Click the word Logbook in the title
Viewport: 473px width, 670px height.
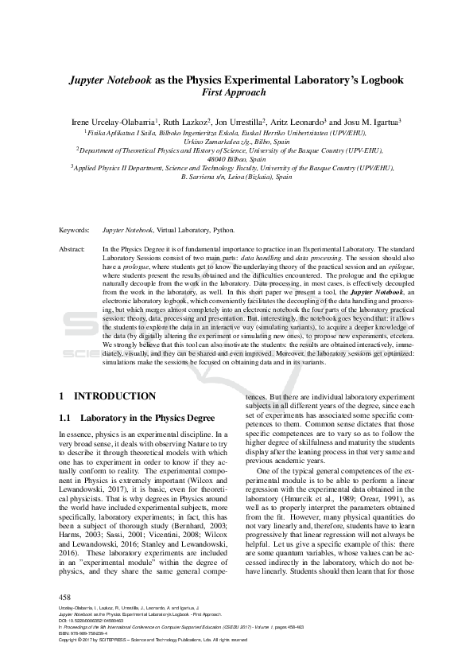(x=380, y=80)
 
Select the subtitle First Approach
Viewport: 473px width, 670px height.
(x=236, y=93)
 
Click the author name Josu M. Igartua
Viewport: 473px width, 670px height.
(x=369, y=122)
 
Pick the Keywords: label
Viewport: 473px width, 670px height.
(x=74, y=230)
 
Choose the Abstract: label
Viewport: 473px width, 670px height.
(x=72, y=249)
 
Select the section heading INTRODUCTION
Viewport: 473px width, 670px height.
(x=114, y=395)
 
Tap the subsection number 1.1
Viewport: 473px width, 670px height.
(x=66, y=416)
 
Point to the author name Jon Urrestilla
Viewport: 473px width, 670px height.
(x=242, y=122)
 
